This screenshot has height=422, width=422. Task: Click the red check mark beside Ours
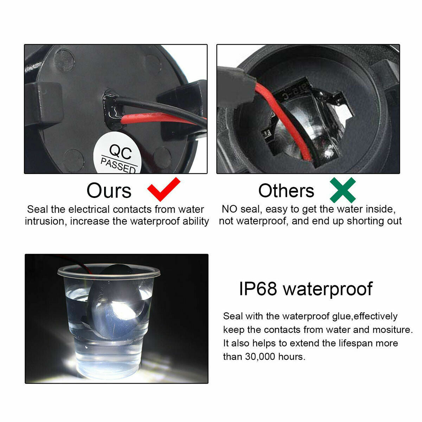pos(164,189)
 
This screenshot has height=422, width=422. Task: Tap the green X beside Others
pos(343,190)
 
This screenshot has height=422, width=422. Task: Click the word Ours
pos(109,191)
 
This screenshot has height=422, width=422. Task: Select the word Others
pos(286,191)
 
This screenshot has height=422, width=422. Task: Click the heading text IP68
pos(258,289)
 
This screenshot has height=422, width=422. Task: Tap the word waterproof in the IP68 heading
pos(328,290)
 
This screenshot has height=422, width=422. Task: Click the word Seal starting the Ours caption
pos(37,209)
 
